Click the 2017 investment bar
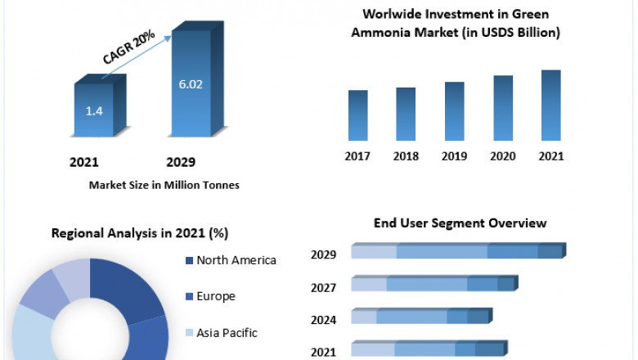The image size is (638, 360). pos(357,115)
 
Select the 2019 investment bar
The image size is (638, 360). pos(454,111)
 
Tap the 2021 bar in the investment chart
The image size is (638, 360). pos(550,106)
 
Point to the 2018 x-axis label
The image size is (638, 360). pos(406,155)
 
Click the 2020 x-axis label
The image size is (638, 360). pos(502,155)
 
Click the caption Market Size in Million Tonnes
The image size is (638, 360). pos(164,185)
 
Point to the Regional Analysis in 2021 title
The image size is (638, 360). pos(139,233)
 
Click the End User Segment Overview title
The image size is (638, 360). pos(460,223)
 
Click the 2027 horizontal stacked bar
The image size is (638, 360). pos(434,284)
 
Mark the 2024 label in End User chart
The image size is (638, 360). pos(323,320)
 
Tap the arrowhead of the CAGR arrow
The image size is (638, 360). pos(173,35)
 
